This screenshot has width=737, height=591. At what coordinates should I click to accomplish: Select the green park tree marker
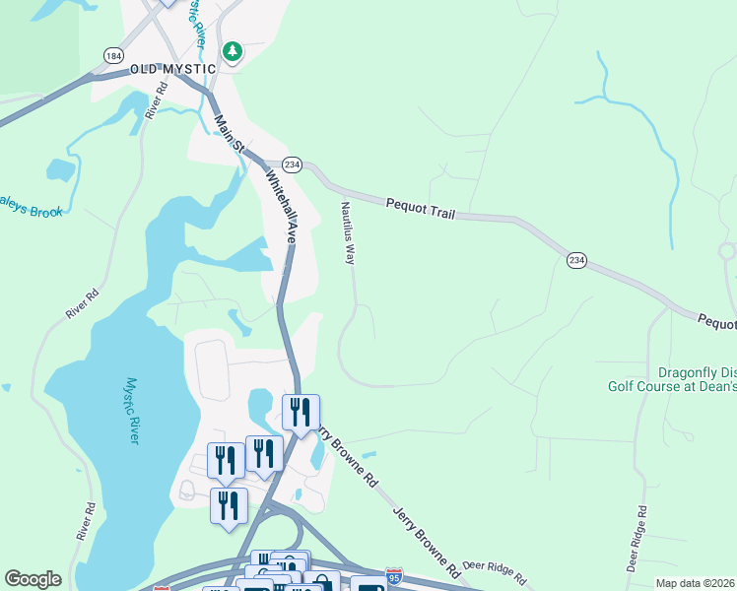233,51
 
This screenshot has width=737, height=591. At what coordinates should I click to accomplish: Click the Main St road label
229,133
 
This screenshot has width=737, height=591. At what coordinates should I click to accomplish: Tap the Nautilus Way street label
347,233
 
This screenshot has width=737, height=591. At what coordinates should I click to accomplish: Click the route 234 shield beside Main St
292,164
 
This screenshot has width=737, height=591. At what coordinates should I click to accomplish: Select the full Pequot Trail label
419,205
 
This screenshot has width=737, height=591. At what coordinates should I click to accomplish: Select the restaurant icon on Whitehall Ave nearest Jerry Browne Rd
301,411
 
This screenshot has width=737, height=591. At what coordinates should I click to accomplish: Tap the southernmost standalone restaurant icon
229,505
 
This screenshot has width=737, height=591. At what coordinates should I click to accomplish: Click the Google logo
33,579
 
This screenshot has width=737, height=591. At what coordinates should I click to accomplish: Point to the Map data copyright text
696,583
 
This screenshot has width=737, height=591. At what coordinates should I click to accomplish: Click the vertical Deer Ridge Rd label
637,539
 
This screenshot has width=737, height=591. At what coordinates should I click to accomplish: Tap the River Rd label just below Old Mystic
156,99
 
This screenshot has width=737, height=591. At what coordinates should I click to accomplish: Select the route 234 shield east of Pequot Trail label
577,259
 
